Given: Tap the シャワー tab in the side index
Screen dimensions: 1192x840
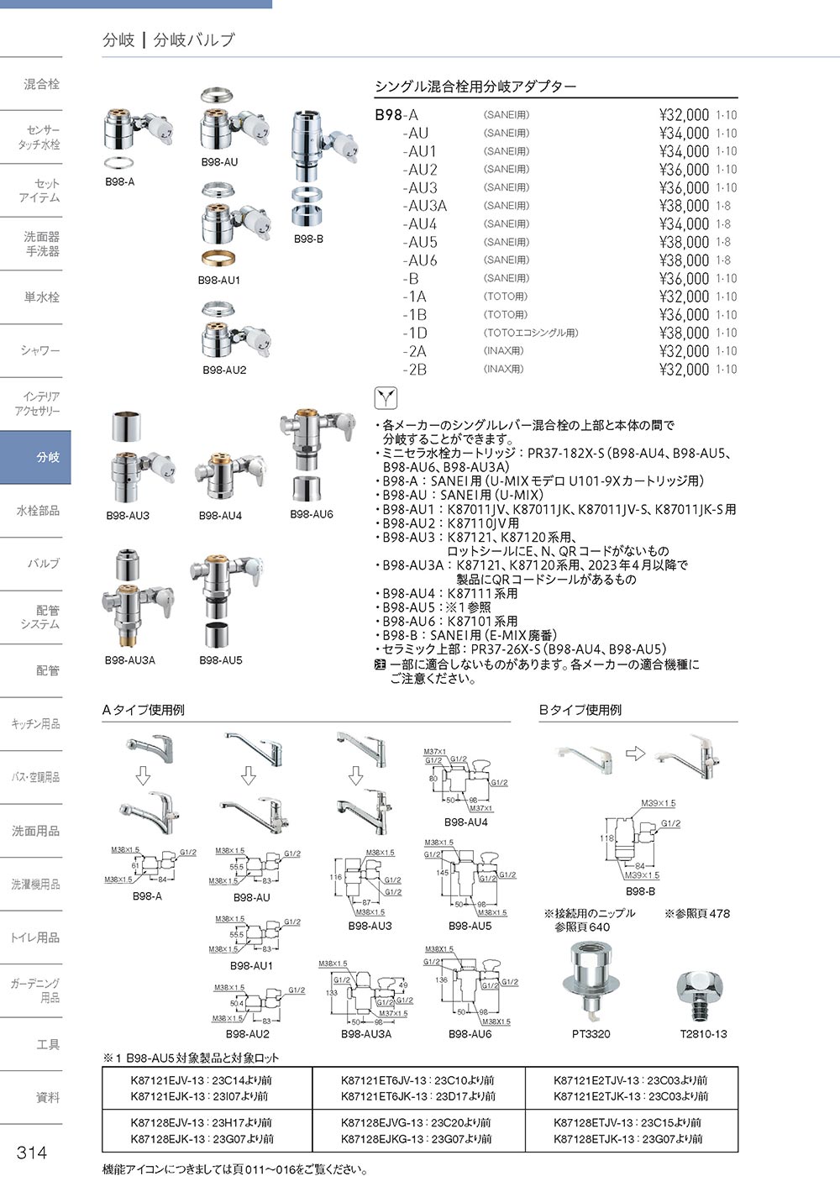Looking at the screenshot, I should pos(40,350).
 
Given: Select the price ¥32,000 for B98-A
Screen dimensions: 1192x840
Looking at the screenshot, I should pos(684,115).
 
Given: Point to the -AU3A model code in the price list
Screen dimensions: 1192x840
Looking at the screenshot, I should pos(424,206).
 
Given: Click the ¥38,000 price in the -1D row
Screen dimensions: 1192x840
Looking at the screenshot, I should pos(684,333).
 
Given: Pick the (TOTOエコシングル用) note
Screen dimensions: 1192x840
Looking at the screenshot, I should pos(531,333).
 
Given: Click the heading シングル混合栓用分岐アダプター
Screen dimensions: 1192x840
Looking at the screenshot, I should pos(475,87).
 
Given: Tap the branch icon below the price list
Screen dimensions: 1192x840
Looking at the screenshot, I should pos(385,397).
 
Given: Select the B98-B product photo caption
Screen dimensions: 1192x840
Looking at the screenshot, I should pos(308,239).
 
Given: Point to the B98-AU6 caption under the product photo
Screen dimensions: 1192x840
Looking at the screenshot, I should pos(312,514).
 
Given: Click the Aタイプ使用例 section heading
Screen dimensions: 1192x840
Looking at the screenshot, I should pos(144,710).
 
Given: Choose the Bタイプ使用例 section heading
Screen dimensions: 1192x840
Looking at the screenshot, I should pos(580,710).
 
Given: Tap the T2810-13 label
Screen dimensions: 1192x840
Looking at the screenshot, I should pos(703,1034).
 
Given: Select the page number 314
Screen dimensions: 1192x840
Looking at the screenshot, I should pos(32,1153).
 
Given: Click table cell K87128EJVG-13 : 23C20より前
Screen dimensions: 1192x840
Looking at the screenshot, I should pos(417,1122).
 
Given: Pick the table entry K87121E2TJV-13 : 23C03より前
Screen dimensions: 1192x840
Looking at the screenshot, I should pos(631,1080).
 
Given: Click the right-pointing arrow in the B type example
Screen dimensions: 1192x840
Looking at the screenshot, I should pos(636,754).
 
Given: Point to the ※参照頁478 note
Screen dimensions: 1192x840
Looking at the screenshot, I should pos(697,913).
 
